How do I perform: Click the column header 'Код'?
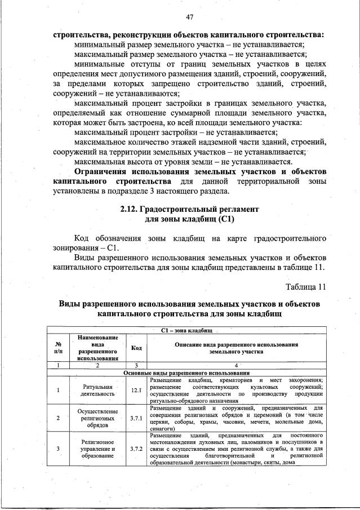pos(136,348)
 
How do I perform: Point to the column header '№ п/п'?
pos(58,348)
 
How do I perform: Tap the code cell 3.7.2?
pos(136,449)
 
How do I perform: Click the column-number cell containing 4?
pos(237,366)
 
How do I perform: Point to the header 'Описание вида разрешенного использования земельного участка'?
pos(237,347)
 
